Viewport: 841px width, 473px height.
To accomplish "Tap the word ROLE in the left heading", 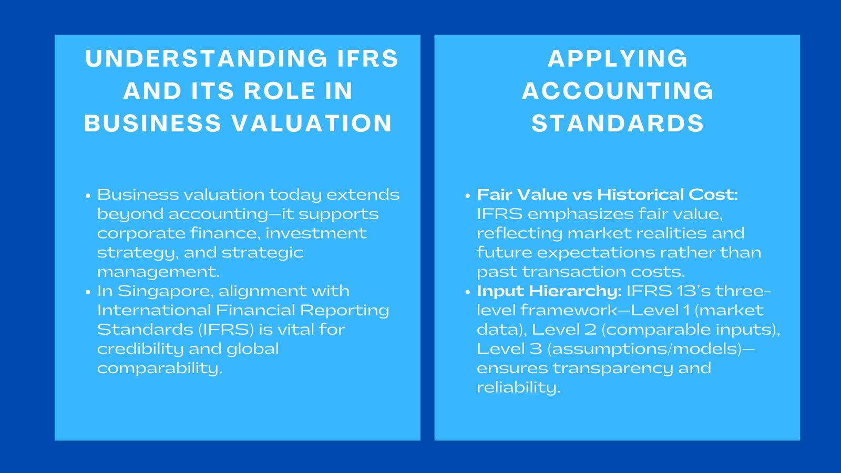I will [x=275, y=91].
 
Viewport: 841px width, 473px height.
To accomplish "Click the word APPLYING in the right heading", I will [x=618, y=58].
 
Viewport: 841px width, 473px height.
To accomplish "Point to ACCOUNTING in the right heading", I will [x=618, y=91].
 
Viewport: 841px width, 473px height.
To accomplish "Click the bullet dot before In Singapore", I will [x=88, y=292].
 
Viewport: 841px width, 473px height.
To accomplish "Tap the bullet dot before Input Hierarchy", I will [x=467, y=292].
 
